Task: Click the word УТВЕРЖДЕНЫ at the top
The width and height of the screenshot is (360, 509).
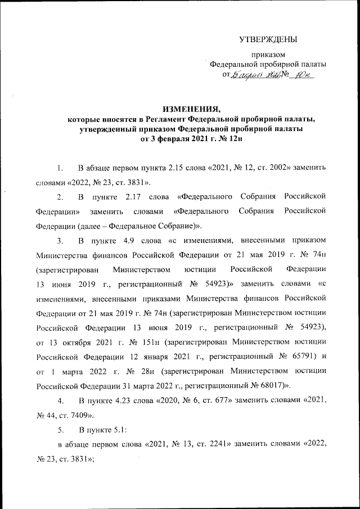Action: click(x=268, y=39)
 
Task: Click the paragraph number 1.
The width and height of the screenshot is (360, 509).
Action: click(x=60, y=168)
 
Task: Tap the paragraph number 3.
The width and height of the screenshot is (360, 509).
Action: click(x=60, y=241)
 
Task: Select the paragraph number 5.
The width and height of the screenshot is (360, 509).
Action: click(x=60, y=430)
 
